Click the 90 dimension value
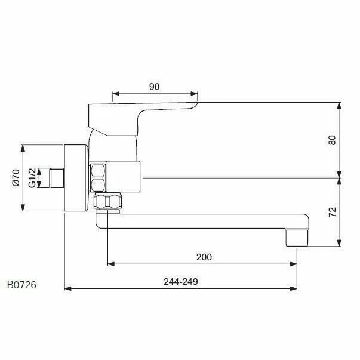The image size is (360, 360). [154, 87]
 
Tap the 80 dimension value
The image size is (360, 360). [332, 140]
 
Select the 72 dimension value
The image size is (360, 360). [332, 212]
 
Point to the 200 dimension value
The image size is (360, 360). [204, 257]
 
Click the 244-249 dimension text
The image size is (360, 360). [181, 281]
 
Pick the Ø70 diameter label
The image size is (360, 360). [16, 178]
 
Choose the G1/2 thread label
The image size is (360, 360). [32, 178]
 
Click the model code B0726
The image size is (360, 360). [21, 285]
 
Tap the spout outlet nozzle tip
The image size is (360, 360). [297, 238]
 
